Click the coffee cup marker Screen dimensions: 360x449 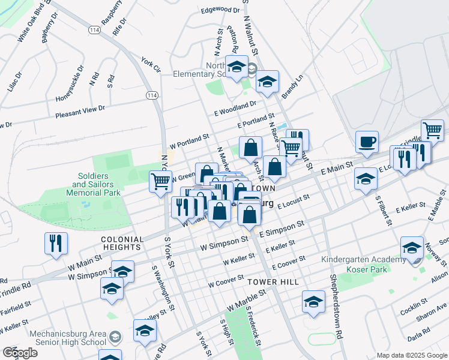[367, 142]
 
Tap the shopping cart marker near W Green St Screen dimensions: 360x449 [160, 181]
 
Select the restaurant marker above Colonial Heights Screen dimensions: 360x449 [56, 243]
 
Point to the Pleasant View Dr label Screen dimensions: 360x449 [80, 111]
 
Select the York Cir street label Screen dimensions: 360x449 [151, 65]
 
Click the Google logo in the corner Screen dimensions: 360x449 [20, 353]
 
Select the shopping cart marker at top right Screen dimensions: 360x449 [432, 130]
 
